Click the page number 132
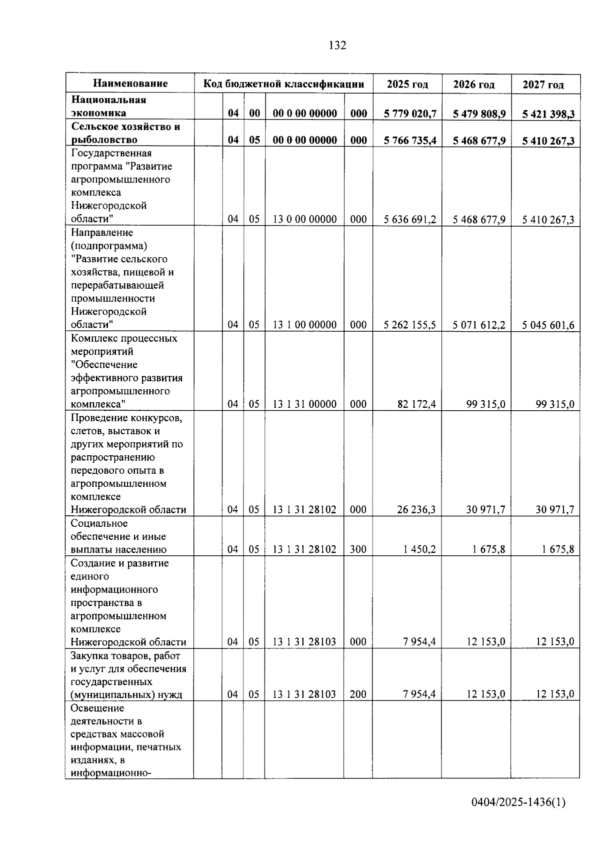click(x=337, y=46)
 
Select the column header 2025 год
click(x=407, y=84)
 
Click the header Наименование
click(x=130, y=84)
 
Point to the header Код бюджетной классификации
click(x=283, y=84)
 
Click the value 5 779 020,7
click(x=410, y=114)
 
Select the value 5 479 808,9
click(x=479, y=114)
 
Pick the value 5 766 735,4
click(x=410, y=141)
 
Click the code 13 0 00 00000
click(x=304, y=219)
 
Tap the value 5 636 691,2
click(x=410, y=219)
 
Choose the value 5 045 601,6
click(x=548, y=325)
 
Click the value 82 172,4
click(x=416, y=404)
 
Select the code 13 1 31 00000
click(x=304, y=404)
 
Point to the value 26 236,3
click(x=416, y=509)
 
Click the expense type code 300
click(x=358, y=549)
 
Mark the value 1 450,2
click(x=419, y=549)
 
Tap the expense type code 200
click(x=358, y=694)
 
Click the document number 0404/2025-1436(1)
click(x=518, y=802)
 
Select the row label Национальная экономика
click(x=108, y=106)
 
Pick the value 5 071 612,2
click(x=479, y=325)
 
